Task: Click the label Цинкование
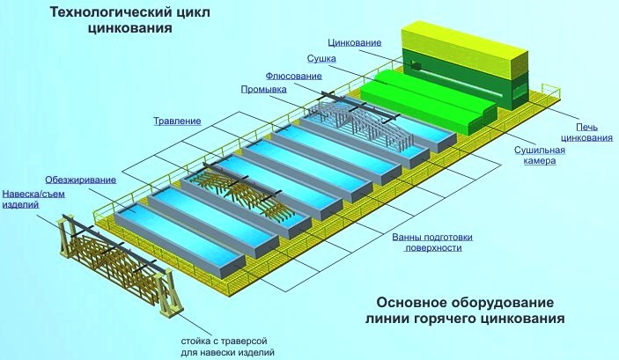355,42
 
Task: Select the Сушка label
321,59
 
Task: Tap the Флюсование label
293,76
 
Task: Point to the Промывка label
263,89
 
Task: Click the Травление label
177,121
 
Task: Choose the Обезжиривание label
80,180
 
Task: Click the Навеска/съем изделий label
33,199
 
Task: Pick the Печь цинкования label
586,133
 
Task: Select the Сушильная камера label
540,156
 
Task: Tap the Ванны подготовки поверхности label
432,242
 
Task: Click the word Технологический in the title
110,12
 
